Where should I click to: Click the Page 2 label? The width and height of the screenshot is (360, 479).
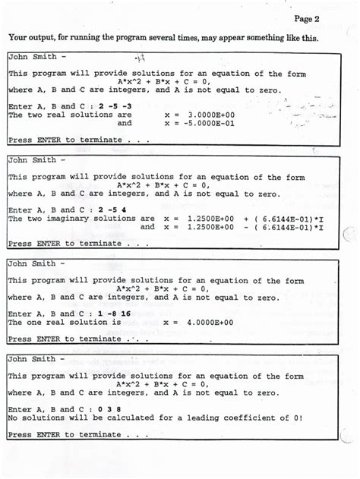[x=306, y=19]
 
